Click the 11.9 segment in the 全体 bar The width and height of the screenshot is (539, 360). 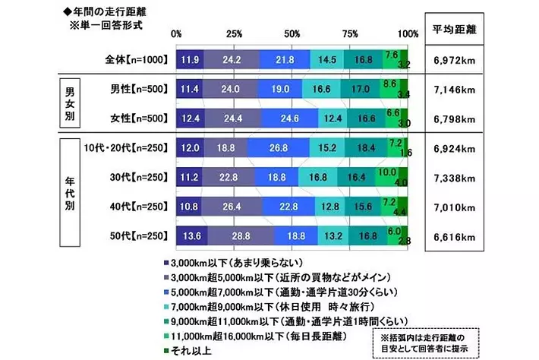click(x=190, y=58)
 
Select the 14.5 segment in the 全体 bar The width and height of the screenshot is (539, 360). click(x=327, y=58)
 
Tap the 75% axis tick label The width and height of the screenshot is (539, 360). click(x=350, y=33)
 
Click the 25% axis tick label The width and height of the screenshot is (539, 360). click(x=235, y=33)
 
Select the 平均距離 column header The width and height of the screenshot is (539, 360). click(x=454, y=30)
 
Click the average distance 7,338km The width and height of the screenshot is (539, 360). click(x=454, y=178)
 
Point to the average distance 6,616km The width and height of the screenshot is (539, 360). click(x=454, y=238)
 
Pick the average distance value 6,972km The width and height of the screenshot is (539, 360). click(x=454, y=59)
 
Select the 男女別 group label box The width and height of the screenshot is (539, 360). click(x=71, y=104)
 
